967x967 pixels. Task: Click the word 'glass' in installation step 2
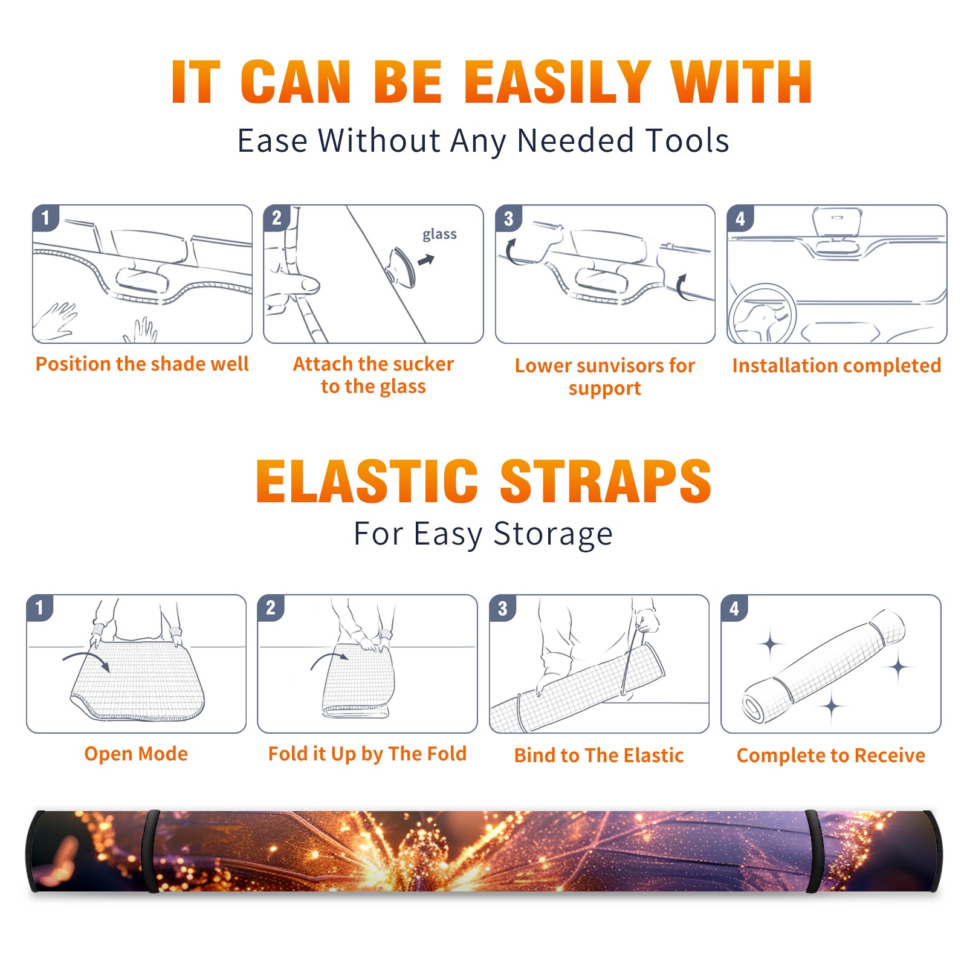pos(439,234)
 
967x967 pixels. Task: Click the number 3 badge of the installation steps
pos(508,218)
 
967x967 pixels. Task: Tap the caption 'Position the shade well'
pos(142,364)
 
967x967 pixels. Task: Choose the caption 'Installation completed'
pos(836,365)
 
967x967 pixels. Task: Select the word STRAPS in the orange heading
pos(606,481)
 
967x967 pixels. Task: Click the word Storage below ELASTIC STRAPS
pos(553,534)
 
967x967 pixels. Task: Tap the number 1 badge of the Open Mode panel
pos(40,607)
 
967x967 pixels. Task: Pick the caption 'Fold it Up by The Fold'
pos(367,754)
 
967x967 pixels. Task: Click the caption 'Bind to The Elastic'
pos(599,755)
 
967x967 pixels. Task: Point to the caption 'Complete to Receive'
pos(831,755)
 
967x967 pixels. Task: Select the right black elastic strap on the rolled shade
pos(813,851)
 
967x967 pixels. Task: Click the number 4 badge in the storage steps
pos(734,607)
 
